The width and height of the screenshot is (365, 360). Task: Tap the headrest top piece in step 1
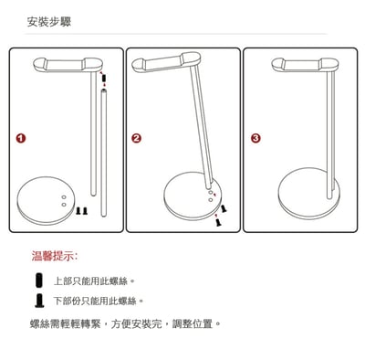(69, 65)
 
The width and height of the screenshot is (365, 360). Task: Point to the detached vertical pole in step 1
(102, 151)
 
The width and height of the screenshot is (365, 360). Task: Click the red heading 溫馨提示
(55, 257)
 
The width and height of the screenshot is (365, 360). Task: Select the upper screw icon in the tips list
(38, 280)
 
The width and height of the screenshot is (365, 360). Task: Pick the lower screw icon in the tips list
(38, 301)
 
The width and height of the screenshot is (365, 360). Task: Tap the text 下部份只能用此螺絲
(99, 301)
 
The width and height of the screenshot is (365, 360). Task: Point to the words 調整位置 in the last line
(193, 323)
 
